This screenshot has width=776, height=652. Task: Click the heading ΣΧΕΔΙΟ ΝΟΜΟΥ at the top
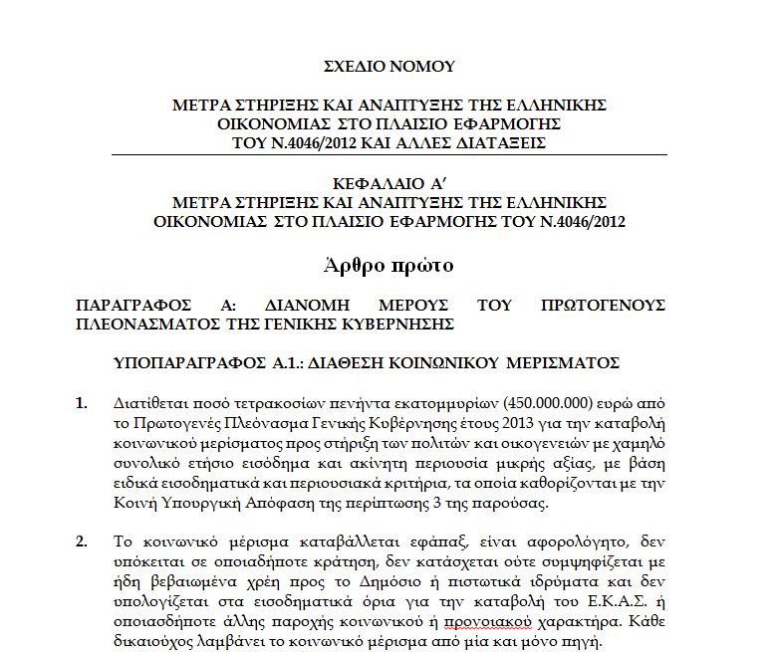pyautogui.click(x=389, y=67)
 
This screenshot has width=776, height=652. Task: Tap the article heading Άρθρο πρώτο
pyautogui.click(x=388, y=266)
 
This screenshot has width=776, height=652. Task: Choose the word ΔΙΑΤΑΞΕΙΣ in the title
pyautogui.click(x=498, y=143)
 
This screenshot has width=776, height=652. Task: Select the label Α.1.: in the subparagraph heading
pyautogui.click(x=312, y=366)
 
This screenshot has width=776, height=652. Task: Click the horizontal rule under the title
pyautogui.click(x=389, y=155)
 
